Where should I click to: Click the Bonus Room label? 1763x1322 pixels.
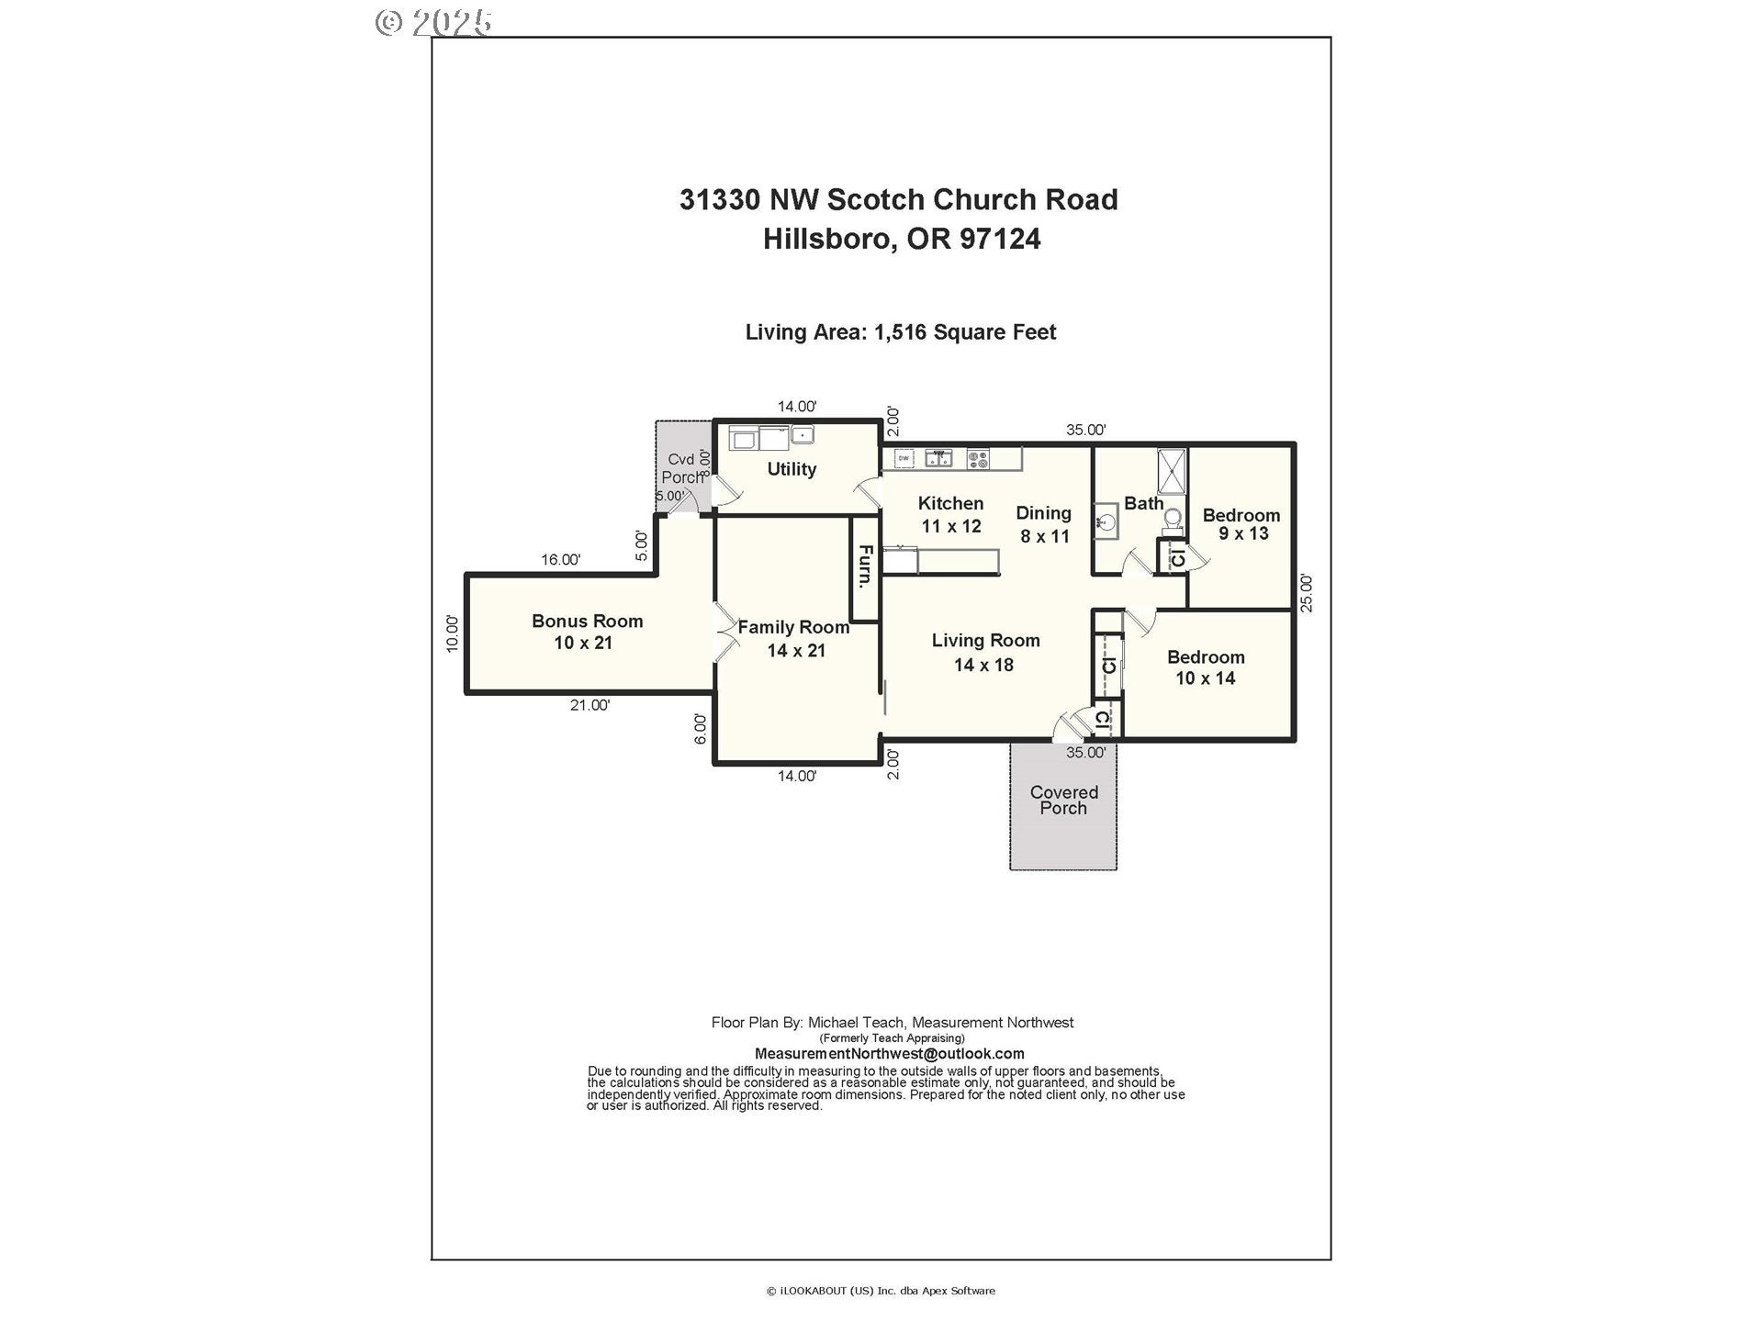tap(587, 632)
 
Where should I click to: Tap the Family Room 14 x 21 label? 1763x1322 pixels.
tap(794, 638)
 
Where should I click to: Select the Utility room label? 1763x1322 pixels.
tap(792, 469)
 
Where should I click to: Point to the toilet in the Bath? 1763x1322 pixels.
tap(1172, 520)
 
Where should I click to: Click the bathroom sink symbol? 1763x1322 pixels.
tap(1107, 521)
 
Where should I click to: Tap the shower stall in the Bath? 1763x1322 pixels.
tap(1172, 472)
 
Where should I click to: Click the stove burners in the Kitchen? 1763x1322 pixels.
tap(978, 457)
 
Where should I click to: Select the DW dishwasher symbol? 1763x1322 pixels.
tap(904, 457)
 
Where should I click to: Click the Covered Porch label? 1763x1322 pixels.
tap(1063, 800)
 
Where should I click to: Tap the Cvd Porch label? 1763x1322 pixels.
tap(681, 468)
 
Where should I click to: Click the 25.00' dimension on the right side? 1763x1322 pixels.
tap(1307, 592)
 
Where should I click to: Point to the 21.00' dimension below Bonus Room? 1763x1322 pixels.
tap(590, 705)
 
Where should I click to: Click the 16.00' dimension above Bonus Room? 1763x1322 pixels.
tap(560, 559)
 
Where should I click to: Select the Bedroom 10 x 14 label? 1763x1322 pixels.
tap(1206, 667)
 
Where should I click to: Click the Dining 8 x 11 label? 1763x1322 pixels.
tap(1044, 524)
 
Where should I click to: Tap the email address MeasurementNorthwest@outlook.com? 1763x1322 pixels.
tap(889, 1054)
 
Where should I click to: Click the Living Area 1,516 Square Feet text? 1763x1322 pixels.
tap(901, 332)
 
